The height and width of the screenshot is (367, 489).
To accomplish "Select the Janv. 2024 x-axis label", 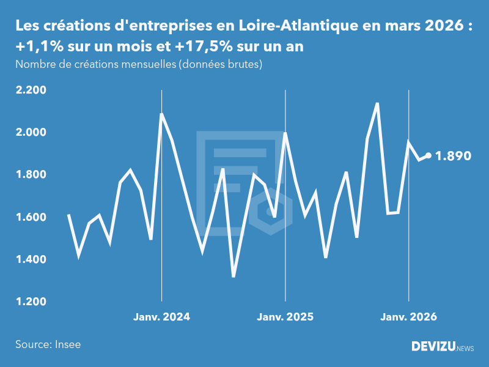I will coord(162,317).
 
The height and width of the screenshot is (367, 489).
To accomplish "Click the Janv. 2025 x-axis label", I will coord(285,317).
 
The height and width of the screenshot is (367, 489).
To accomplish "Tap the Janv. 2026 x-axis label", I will coord(409,317).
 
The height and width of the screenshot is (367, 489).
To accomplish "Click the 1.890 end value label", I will coord(453,156).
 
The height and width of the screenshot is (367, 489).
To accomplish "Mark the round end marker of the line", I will coord(428,155).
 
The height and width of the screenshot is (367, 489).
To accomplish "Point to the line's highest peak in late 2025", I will coord(377,103).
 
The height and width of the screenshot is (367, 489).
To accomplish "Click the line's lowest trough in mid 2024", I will coord(233,276).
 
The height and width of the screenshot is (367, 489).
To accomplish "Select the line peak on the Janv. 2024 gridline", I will coord(161,114).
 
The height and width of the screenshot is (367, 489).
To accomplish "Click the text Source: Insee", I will coord(48,344).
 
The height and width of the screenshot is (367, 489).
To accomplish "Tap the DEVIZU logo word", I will coord(433,347).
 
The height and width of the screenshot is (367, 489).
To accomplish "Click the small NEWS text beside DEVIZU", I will coord(465,349).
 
